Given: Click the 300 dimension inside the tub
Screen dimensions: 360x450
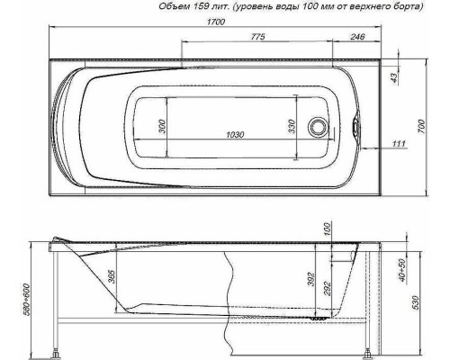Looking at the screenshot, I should point(162,127).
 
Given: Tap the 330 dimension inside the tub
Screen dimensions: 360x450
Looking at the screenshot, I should point(291,127).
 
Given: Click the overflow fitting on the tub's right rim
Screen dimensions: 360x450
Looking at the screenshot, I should point(358,127).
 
